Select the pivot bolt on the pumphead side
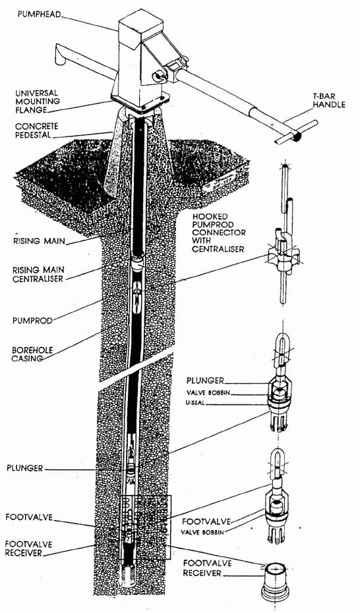point(158,76)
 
